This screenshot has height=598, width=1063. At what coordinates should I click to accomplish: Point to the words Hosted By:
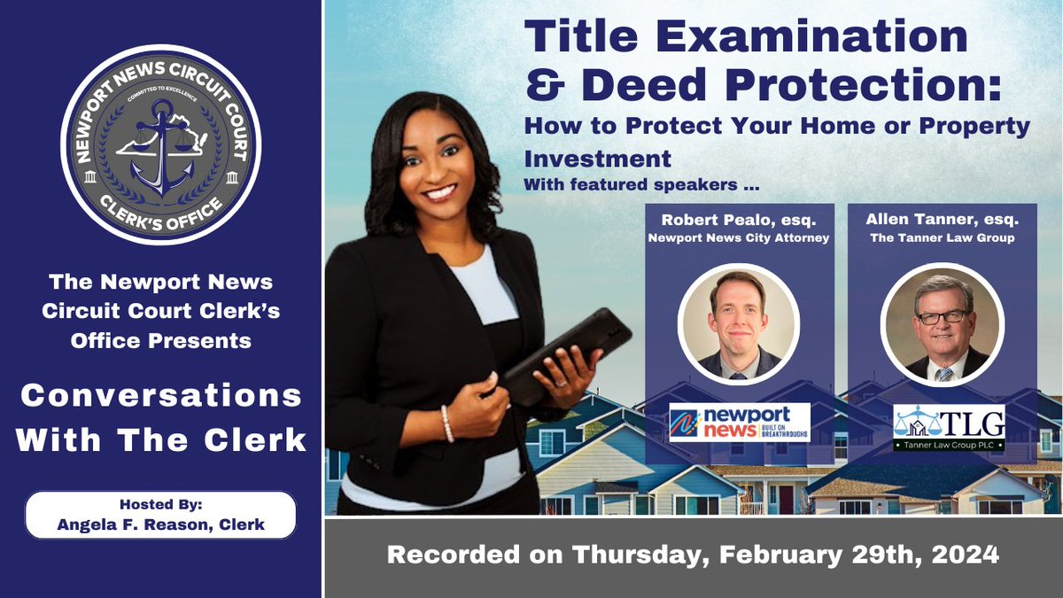(x=160, y=502)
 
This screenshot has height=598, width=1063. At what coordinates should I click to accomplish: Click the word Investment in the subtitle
(x=597, y=159)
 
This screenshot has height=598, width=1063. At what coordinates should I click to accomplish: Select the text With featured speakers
(x=642, y=186)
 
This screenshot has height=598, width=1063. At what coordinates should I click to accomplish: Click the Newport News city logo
(x=740, y=423)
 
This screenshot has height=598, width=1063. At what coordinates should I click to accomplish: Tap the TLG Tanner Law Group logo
(x=948, y=427)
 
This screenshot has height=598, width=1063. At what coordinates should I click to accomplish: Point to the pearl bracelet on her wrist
(x=447, y=423)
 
